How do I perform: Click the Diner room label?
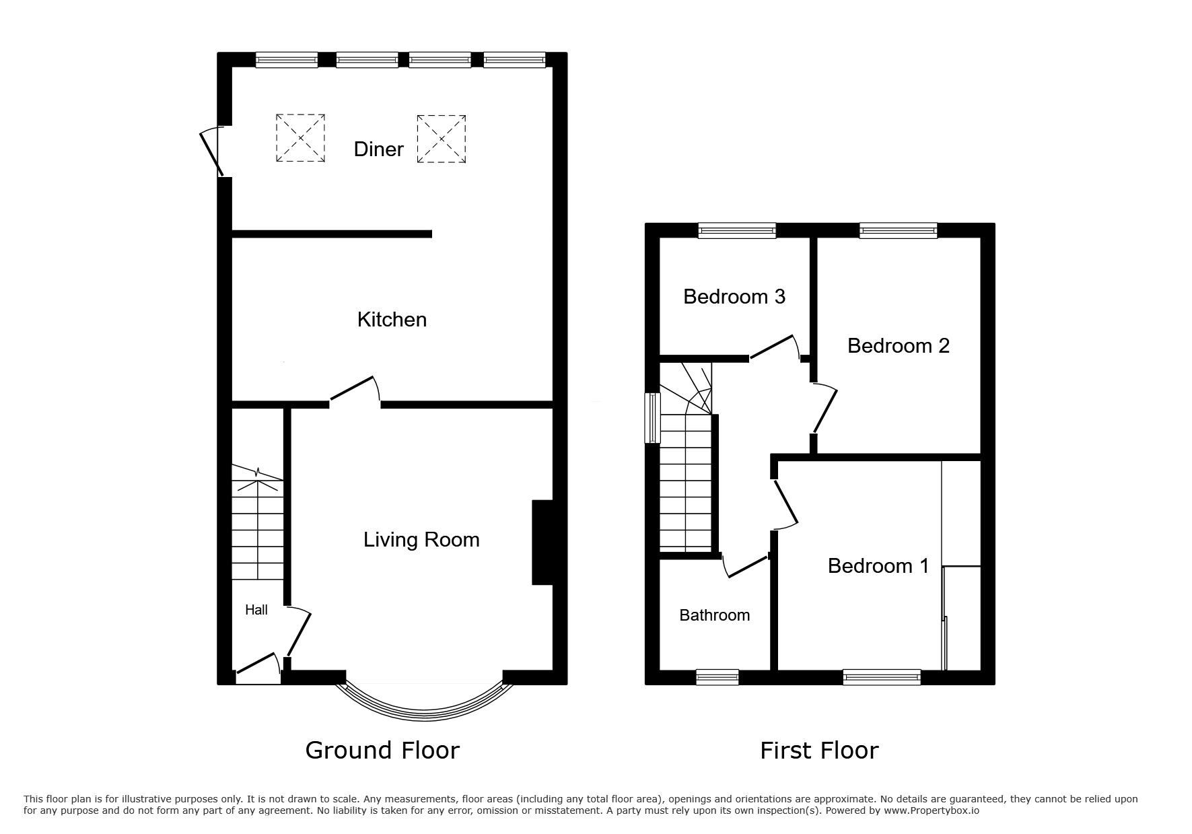[x=378, y=149]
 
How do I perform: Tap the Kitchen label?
[x=392, y=319]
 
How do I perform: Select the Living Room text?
[x=421, y=539]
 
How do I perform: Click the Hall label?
[x=256, y=610]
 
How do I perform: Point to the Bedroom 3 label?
[x=734, y=296]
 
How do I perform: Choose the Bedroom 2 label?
[x=899, y=345]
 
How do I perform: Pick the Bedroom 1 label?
[x=878, y=565]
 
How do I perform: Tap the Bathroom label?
[x=714, y=615]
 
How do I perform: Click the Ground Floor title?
[x=382, y=750]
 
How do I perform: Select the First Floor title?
[x=819, y=750]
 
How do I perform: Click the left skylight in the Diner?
[x=300, y=138]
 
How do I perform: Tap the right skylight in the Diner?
[x=442, y=139]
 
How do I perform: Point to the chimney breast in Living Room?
[x=542, y=542]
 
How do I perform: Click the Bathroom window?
[x=717, y=677]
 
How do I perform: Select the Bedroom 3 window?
[x=737, y=231]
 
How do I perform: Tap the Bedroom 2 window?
[x=899, y=231]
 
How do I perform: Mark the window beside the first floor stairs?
[x=652, y=418]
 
